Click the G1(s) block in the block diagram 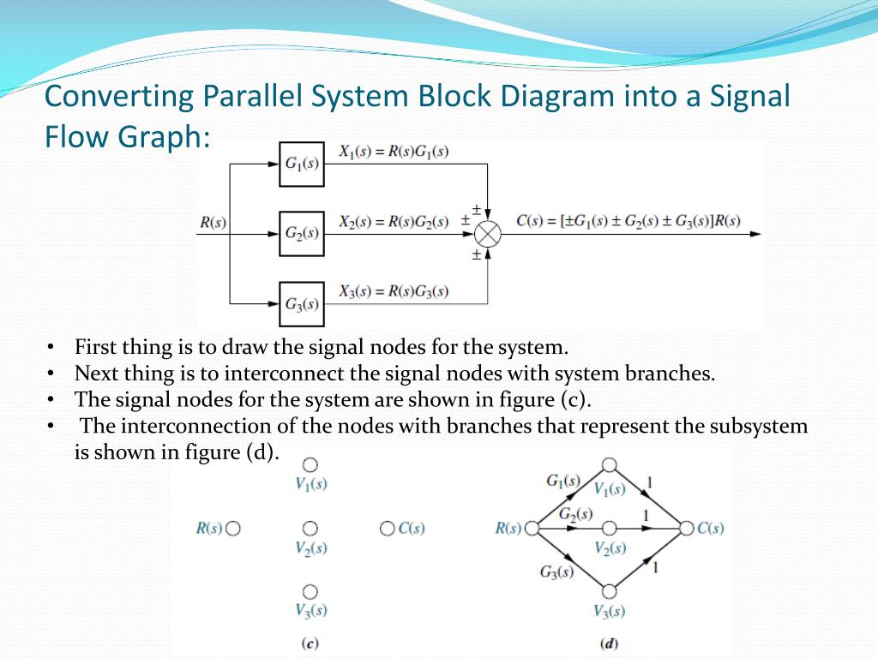(x=302, y=164)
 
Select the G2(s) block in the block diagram (x=302, y=232)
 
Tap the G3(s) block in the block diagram (x=302, y=303)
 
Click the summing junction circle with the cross (x=488, y=232)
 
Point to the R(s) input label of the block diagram (x=213, y=223)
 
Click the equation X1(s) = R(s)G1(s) (x=394, y=153)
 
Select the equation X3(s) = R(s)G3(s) (x=394, y=291)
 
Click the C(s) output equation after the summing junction (x=629, y=221)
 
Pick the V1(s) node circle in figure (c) (x=310, y=464)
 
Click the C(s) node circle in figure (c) (x=387, y=528)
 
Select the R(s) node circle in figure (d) (x=532, y=528)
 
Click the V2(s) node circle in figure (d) (x=610, y=528)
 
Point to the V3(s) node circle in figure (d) (x=610, y=591)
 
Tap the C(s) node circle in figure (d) (x=686, y=528)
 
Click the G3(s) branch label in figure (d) (x=556, y=572)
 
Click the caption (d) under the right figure (x=610, y=643)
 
